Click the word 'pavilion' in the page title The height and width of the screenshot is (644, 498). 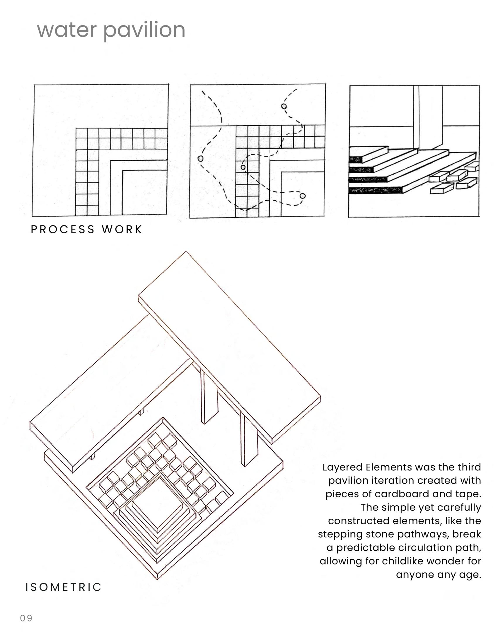pos(144,30)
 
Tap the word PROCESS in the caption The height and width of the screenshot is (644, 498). pos(63,229)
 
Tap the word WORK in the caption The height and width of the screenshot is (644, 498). pos(122,229)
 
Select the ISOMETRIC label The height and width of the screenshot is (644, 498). pos(64,587)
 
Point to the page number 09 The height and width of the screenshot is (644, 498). pos(26,618)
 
